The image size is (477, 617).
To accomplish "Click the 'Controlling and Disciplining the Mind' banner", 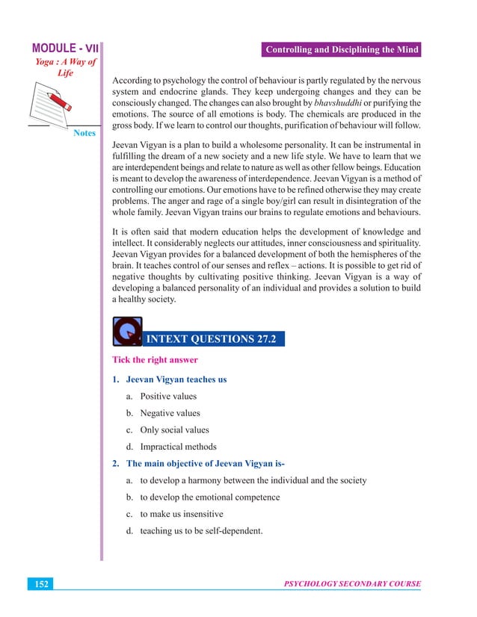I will pyautogui.click(x=341, y=51).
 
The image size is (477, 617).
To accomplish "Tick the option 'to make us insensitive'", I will pyautogui.click(x=181, y=514).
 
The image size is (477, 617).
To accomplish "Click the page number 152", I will pyautogui.click(x=40, y=584).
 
